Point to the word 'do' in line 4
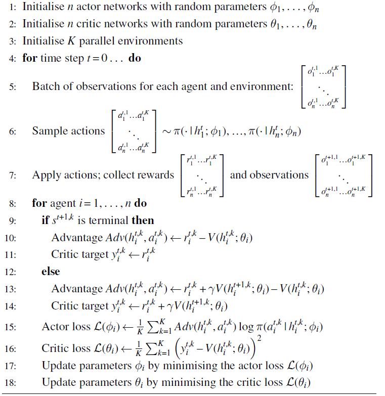(135, 58)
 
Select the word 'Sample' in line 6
(50, 131)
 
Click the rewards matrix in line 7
(202, 175)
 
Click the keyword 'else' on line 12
(51, 272)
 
